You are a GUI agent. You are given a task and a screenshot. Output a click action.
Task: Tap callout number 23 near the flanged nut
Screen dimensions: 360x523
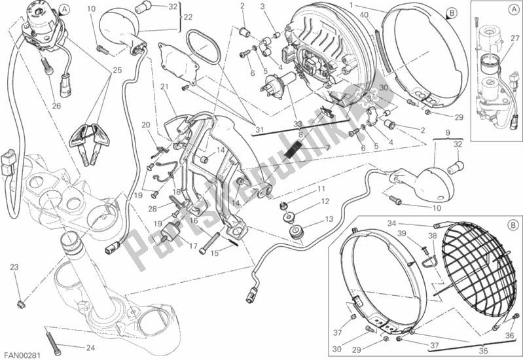[x=14, y=268]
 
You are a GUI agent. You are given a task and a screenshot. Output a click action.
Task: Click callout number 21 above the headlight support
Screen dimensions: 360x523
[x=164, y=87]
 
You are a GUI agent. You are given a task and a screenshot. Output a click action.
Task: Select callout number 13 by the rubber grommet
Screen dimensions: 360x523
[x=329, y=219]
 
